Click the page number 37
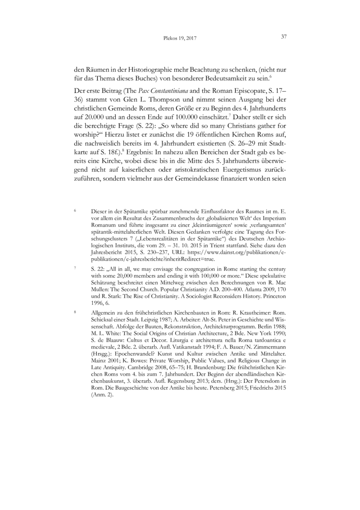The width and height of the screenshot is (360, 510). (x=284, y=37)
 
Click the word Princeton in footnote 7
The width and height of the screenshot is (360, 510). (x=273, y=291)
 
